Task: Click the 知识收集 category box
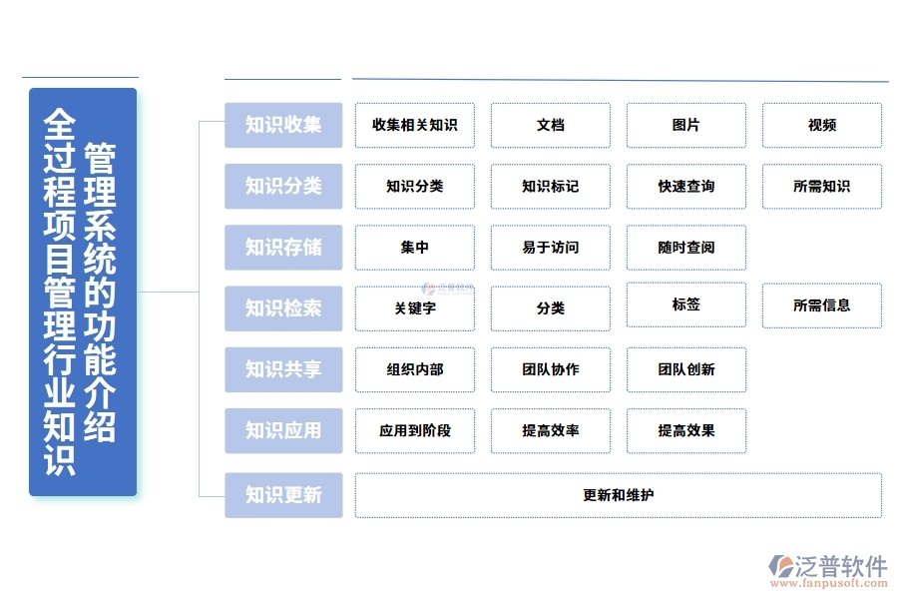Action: coord(283,125)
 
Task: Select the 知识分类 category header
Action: coord(283,186)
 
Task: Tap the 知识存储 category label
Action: coord(283,247)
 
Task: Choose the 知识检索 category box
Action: coord(283,308)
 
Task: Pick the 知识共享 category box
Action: coord(283,369)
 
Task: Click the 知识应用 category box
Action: coord(283,430)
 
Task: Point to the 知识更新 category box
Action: coord(283,494)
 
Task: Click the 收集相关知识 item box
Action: coord(414,125)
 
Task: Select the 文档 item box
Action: coord(550,125)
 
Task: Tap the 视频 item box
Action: coord(821,125)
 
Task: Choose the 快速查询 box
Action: coord(685,186)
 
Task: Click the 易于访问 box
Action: coord(550,247)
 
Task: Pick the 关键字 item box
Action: coord(414,308)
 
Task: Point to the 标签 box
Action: coord(685,304)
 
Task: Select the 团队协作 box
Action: coord(550,369)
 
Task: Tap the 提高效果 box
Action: coord(685,430)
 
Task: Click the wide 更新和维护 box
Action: coord(618,494)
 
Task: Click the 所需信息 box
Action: coord(821,304)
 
